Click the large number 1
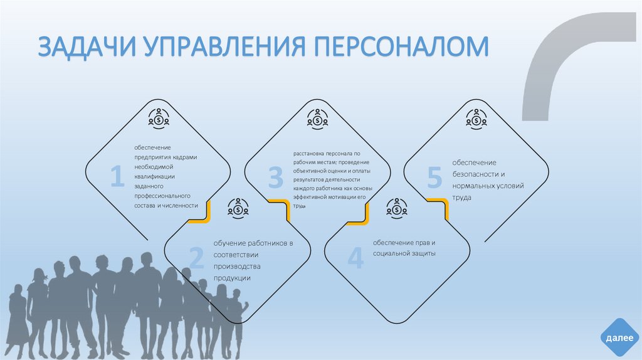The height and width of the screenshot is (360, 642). coord(117,177)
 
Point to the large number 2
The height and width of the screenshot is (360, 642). coord(196,258)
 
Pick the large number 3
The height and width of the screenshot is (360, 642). coord(276,177)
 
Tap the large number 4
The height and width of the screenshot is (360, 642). coord(355,258)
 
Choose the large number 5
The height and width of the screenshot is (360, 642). coord(434,177)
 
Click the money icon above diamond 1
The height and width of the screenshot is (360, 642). coord(159,117)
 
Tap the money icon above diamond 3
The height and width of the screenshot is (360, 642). coord(318,117)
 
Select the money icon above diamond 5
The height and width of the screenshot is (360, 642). coord(476,117)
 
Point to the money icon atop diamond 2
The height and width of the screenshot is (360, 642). coord(238,206)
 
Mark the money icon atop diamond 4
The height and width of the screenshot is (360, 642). coord(397,206)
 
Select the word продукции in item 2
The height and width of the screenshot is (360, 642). coord(231,277)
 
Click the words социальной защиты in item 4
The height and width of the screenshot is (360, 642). coord(404,253)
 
